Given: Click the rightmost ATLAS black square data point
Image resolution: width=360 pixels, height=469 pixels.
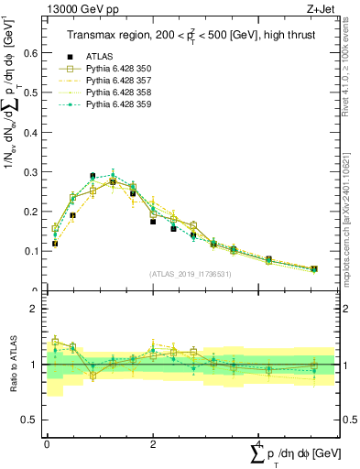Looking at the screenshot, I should tap(314, 268).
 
